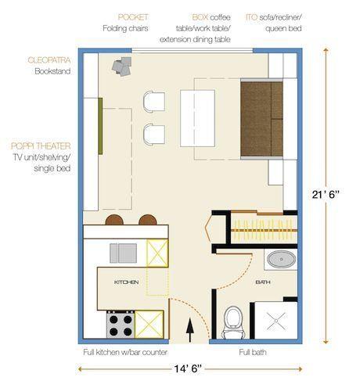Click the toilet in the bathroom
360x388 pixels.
233,322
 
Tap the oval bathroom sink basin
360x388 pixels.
282,259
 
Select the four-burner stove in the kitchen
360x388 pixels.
121,325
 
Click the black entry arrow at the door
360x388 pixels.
190,330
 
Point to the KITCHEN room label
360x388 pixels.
126,282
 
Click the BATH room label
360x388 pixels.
263,282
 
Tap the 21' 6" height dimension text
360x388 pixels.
326,195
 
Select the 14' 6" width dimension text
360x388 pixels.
188,369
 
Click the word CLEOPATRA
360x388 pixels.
49,60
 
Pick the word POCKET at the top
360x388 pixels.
133,17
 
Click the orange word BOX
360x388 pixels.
200,17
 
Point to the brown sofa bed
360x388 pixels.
261,119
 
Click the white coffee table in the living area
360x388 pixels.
197,118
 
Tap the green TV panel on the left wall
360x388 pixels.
100,126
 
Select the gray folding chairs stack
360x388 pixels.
121,66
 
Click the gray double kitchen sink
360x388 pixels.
123,253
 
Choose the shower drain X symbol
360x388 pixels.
276,320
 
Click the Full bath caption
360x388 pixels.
253,352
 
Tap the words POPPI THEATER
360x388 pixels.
41,146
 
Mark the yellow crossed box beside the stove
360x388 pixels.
149,325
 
